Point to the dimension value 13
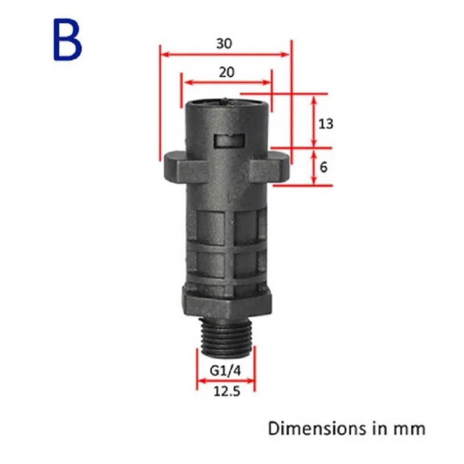pyautogui.click(x=327, y=124)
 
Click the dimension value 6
pyautogui.click(x=324, y=167)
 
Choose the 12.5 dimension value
pyautogui.click(x=226, y=391)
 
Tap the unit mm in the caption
pyautogui.click(x=409, y=429)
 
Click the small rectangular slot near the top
pyautogui.click(x=226, y=140)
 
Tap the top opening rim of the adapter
pyautogui.click(x=226, y=103)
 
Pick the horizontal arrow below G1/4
pyautogui.click(x=226, y=381)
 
